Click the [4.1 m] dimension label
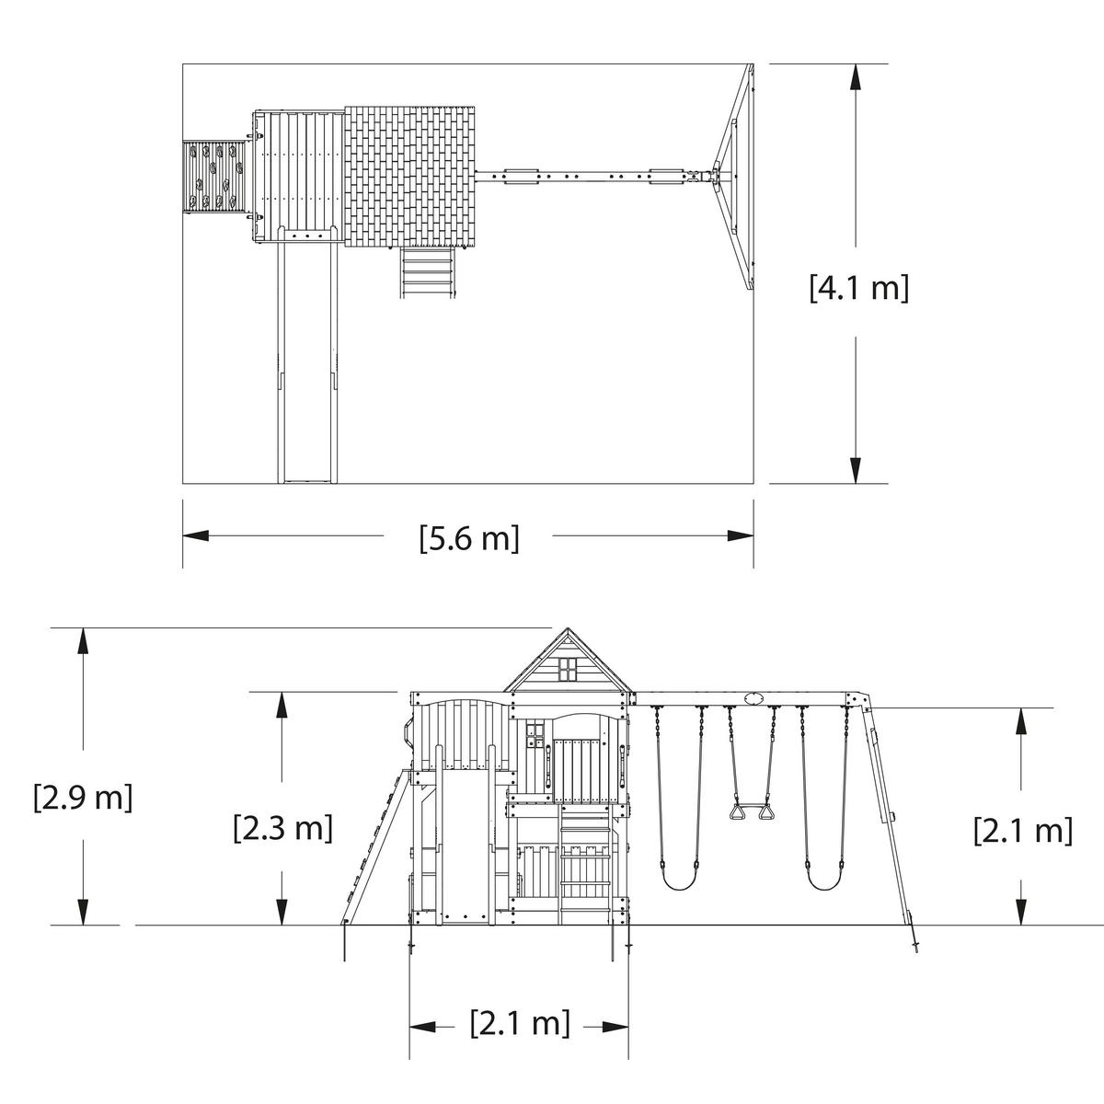pyautogui.click(x=858, y=288)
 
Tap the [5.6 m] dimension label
pyautogui.click(x=469, y=538)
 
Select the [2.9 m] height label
pyautogui.click(x=83, y=797)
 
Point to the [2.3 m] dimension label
pyautogui.click(x=283, y=827)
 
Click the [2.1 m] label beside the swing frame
pyautogui.click(x=1023, y=829)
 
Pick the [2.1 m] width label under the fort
pyautogui.click(x=520, y=1023)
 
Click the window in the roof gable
pyautogui.click(x=568, y=669)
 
